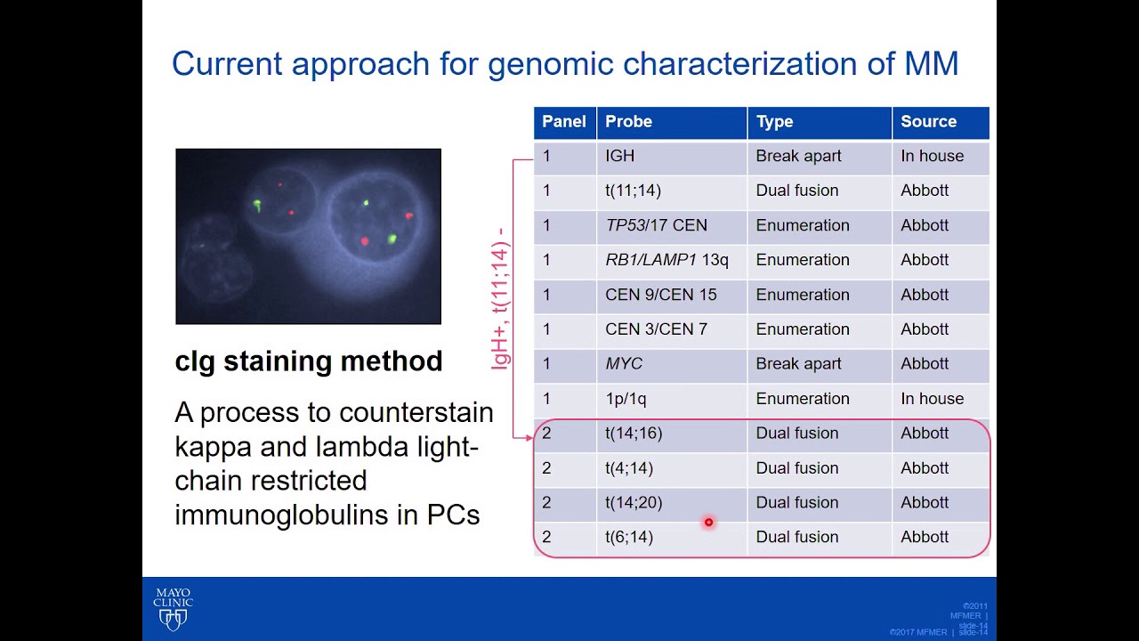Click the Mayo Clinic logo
pyautogui.click(x=173, y=609)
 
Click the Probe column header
pyautogui.click(x=628, y=122)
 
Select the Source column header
pyautogui.click(x=928, y=122)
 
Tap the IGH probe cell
pyautogui.click(x=620, y=156)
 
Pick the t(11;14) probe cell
pyautogui.click(x=633, y=191)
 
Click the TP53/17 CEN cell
pyautogui.click(x=656, y=225)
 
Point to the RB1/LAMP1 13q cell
pyautogui.click(x=666, y=260)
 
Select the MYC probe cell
pyautogui.click(x=624, y=364)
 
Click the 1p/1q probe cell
pyautogui.click(x=627, y=399)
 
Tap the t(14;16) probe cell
pyautogui.click(x=634, y=434)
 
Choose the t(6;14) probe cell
pyautogui.click(x=629, y=537)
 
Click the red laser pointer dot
pyautogui.click(x=708, y=523)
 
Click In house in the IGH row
pyautogui.click(x=932, y=156)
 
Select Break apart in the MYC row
pyautogui.click(x=798, y=364)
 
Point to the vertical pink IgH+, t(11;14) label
pyautogui.click(x=500, y=298)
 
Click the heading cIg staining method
pyautogui.click(x=309, y=361)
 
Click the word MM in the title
pyautogui.click(x=932, y=64)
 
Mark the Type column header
pyautogui.click(x=774, y=122)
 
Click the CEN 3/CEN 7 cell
pyautogui.click(x=656, y=329)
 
